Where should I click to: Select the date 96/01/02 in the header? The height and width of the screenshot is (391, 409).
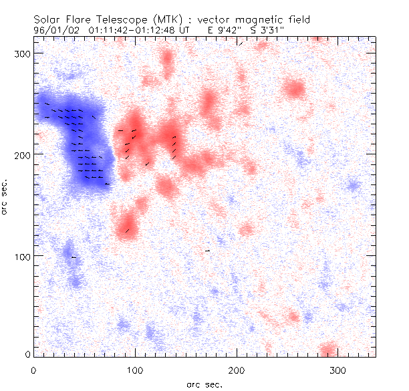tap(56, 30)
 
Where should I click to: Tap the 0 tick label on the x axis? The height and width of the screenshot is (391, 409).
tap(33, 369)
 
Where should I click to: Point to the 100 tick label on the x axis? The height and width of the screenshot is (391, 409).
tap(135, 369)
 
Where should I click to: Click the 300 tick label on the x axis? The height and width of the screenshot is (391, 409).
tap(338, 369)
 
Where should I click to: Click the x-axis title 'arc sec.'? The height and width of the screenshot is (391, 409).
tap(204, 384)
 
